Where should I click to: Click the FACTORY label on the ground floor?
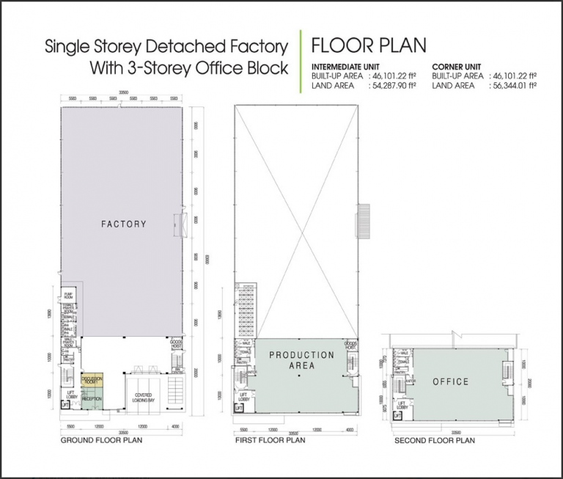pyautogui.click(x=123, y=224)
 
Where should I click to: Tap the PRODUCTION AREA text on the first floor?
pyautogui.click(x=301, y=360)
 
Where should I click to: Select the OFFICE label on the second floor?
pyautogui.click(x=450, y=382)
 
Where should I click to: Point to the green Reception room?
pyautogui.click(x=92, y=399)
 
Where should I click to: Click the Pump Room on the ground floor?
pyautogui.click(x=69, y=294)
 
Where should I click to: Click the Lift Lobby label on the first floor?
pyautogui.click(x=243, y=398)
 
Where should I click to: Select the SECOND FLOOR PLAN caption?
pyautogui.click(x=434, y=441)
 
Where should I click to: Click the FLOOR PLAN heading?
pyautogui.click(x=368, y=45)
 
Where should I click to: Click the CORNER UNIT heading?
pyautogui.click(x=457, y=66)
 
